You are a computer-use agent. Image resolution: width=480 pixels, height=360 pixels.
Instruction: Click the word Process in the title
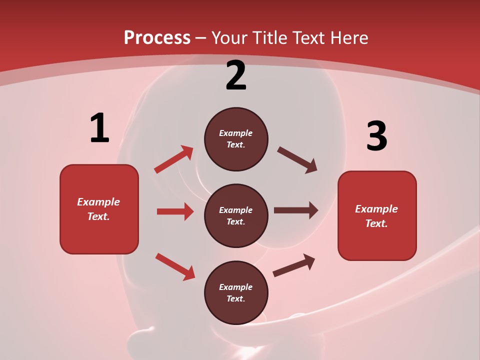tap(157, 38)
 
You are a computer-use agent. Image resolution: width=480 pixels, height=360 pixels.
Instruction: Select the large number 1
tap(99, 128)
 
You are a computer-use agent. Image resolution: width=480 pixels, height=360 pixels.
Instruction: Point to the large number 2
tap(236, 75)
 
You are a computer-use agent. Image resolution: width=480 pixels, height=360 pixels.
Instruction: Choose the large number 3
tap(376, 136)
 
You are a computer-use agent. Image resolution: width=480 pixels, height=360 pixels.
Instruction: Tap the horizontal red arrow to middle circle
tap(175, 211)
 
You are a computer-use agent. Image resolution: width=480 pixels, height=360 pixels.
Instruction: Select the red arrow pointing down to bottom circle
tap(175, 266)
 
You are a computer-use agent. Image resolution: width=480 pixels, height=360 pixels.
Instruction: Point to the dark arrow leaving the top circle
tap(297, 160)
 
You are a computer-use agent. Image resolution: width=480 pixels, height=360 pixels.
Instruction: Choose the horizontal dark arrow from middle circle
tap(296, 210)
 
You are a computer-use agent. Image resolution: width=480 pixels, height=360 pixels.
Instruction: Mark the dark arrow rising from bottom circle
tap(294, 265)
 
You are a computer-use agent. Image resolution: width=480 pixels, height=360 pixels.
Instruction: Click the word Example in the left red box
tap(98, 202)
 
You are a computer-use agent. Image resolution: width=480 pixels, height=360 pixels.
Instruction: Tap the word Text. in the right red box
tap(376, 223)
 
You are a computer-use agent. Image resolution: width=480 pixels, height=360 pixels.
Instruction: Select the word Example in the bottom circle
tap(236, 287)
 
